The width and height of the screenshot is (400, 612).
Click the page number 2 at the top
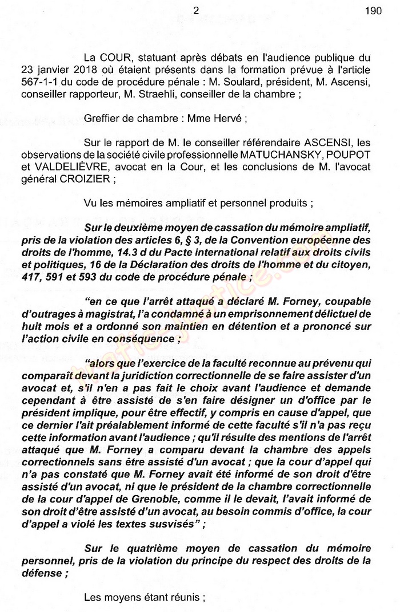(x=196, y=10)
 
